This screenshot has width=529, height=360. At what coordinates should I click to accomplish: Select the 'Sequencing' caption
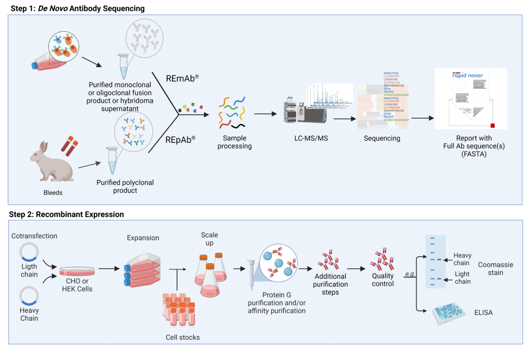382,139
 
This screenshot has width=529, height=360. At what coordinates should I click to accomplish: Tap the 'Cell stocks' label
183,337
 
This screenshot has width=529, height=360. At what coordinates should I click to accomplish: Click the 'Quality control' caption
382,280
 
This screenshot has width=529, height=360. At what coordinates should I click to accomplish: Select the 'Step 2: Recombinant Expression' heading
66,214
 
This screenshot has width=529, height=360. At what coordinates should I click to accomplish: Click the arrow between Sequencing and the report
421,118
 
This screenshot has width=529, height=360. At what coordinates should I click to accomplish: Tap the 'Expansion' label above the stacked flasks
143,238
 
